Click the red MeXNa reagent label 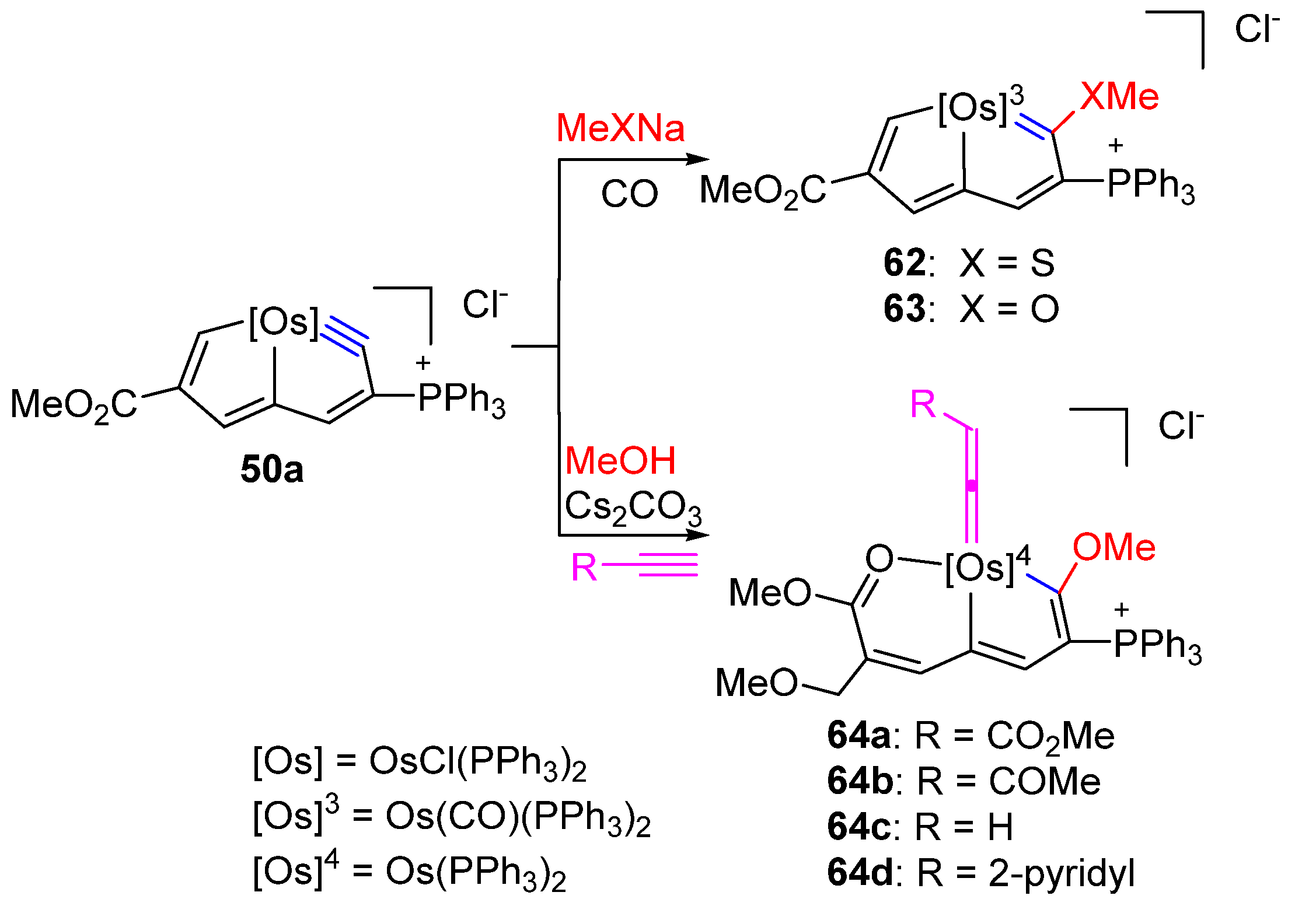[x=620, y=128]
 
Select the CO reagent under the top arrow [x=629, y=194]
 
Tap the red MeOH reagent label [x=620, y=461]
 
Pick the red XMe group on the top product [x=1119, y=96]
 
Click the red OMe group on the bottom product [x=1114, y=548]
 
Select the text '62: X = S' [x=969, y=263]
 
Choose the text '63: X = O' [x=971, y=309]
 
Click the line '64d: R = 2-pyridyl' [x=981, y=873]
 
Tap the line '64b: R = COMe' [x=964, y=781]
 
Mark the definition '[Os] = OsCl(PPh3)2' [x=419, y=762]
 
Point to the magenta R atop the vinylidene [x=923, y=404]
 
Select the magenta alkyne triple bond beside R [x=668, y=565]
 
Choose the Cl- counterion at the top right [x=1256, y=29]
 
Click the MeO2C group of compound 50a [x=74, y=405]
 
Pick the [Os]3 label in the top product [x=980, y=107]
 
